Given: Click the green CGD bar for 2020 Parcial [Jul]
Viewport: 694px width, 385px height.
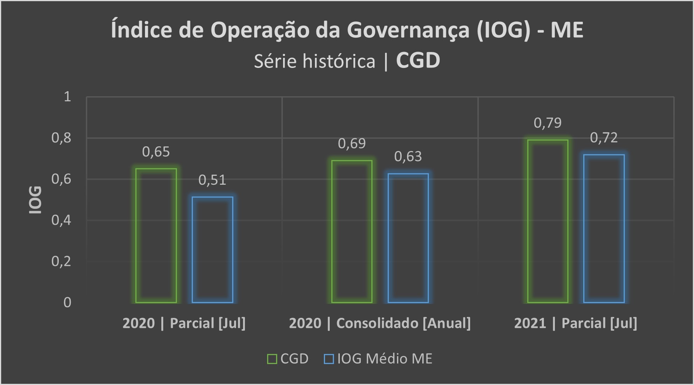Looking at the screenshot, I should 156,236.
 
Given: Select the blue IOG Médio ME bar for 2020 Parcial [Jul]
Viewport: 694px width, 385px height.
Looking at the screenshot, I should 212,250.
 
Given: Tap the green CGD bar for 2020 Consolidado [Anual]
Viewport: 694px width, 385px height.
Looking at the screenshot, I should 352,231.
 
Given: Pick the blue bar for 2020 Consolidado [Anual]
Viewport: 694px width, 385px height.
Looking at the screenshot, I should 408,238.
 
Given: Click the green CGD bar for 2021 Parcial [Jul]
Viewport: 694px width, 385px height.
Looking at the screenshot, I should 548,221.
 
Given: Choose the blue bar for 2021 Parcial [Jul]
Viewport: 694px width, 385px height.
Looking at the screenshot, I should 604,229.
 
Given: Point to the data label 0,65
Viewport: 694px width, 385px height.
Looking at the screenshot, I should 156,152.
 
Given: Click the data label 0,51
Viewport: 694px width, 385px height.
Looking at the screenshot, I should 212,180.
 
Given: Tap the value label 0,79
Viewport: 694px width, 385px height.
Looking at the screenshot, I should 547,123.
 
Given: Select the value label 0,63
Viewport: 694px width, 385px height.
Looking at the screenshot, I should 408,156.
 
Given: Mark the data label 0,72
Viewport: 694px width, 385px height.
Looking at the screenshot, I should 604,138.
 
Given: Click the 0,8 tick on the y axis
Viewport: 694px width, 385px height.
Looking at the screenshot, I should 61,138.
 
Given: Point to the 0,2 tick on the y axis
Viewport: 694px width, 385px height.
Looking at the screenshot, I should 61,261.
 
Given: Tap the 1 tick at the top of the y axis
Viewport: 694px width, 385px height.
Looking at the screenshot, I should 67,97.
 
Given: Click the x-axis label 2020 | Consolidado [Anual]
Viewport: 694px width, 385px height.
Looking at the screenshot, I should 380,323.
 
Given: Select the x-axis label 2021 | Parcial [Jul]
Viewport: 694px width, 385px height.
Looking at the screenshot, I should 575,323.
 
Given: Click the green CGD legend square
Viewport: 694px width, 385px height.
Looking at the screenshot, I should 272,359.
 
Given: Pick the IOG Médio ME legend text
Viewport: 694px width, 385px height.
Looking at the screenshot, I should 385,359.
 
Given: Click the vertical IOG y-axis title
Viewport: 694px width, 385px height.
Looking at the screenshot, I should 35,200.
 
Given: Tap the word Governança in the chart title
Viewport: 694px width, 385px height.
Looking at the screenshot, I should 408,30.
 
